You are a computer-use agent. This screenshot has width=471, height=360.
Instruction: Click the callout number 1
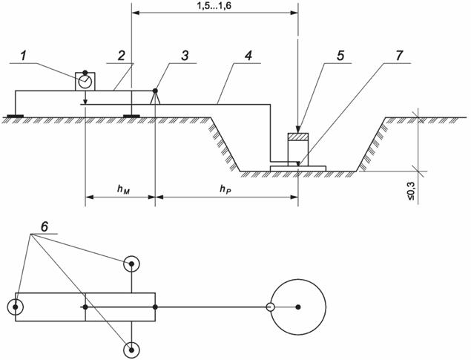24,56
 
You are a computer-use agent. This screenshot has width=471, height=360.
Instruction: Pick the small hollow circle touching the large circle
271,307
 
